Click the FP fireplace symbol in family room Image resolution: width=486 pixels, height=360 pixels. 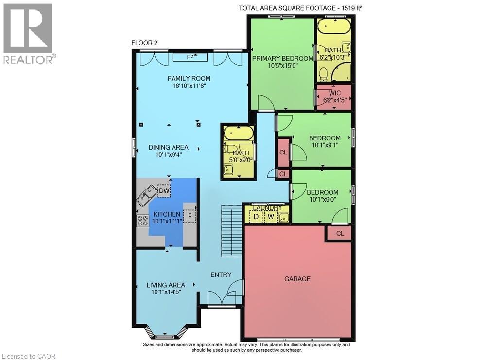coord(191,57)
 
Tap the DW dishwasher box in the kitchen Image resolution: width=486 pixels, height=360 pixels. coord(164,191)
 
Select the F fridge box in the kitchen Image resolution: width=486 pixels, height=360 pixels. coord(190,215)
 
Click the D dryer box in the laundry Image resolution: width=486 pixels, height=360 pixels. coord(256,216)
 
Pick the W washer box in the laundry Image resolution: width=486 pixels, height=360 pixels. coord(270,216)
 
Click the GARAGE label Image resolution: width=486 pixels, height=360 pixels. coord(297,279)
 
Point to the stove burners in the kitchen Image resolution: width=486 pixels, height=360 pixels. coord(142,221)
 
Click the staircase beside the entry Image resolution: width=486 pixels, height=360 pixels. coord(231,231)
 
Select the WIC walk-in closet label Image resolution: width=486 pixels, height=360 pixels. coord(335,93)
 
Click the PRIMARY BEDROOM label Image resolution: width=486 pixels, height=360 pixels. coord(282,59)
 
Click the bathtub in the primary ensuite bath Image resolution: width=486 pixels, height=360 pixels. coord(334,26)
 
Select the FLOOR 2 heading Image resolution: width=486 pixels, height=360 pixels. coord(144,43)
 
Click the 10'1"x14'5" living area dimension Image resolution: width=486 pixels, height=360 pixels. coord(166,292)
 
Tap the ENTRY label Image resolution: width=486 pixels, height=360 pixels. coord(221,275)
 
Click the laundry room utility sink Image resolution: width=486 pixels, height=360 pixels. coord(283,217)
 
